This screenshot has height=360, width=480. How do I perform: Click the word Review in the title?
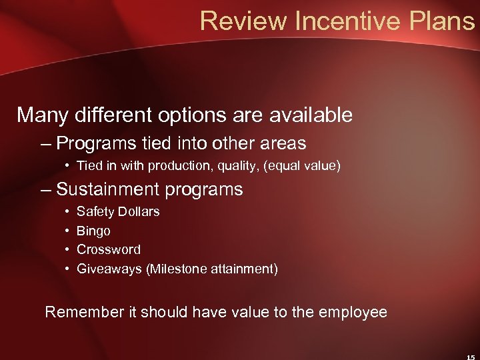pos(241,21)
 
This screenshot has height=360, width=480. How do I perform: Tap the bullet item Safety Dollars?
pos(118,212)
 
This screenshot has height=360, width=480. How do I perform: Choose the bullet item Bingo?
pos(93,231)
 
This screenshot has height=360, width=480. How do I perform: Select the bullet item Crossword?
pos(109,250)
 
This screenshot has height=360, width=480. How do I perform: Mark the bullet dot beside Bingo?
pos(69,231)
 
